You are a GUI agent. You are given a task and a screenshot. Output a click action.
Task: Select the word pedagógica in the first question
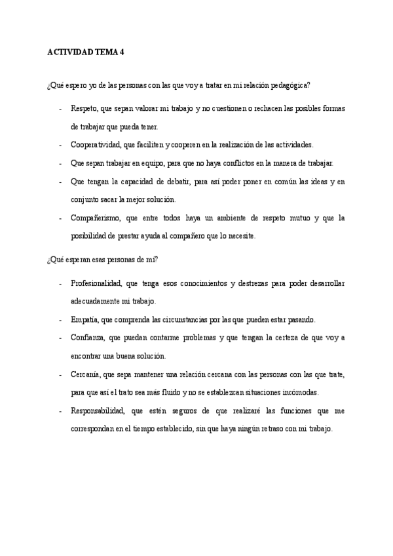287,85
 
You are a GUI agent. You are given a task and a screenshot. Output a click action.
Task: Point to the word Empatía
84,320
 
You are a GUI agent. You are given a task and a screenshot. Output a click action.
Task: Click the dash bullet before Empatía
61,320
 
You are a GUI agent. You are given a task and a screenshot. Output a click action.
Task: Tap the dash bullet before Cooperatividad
61,144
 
